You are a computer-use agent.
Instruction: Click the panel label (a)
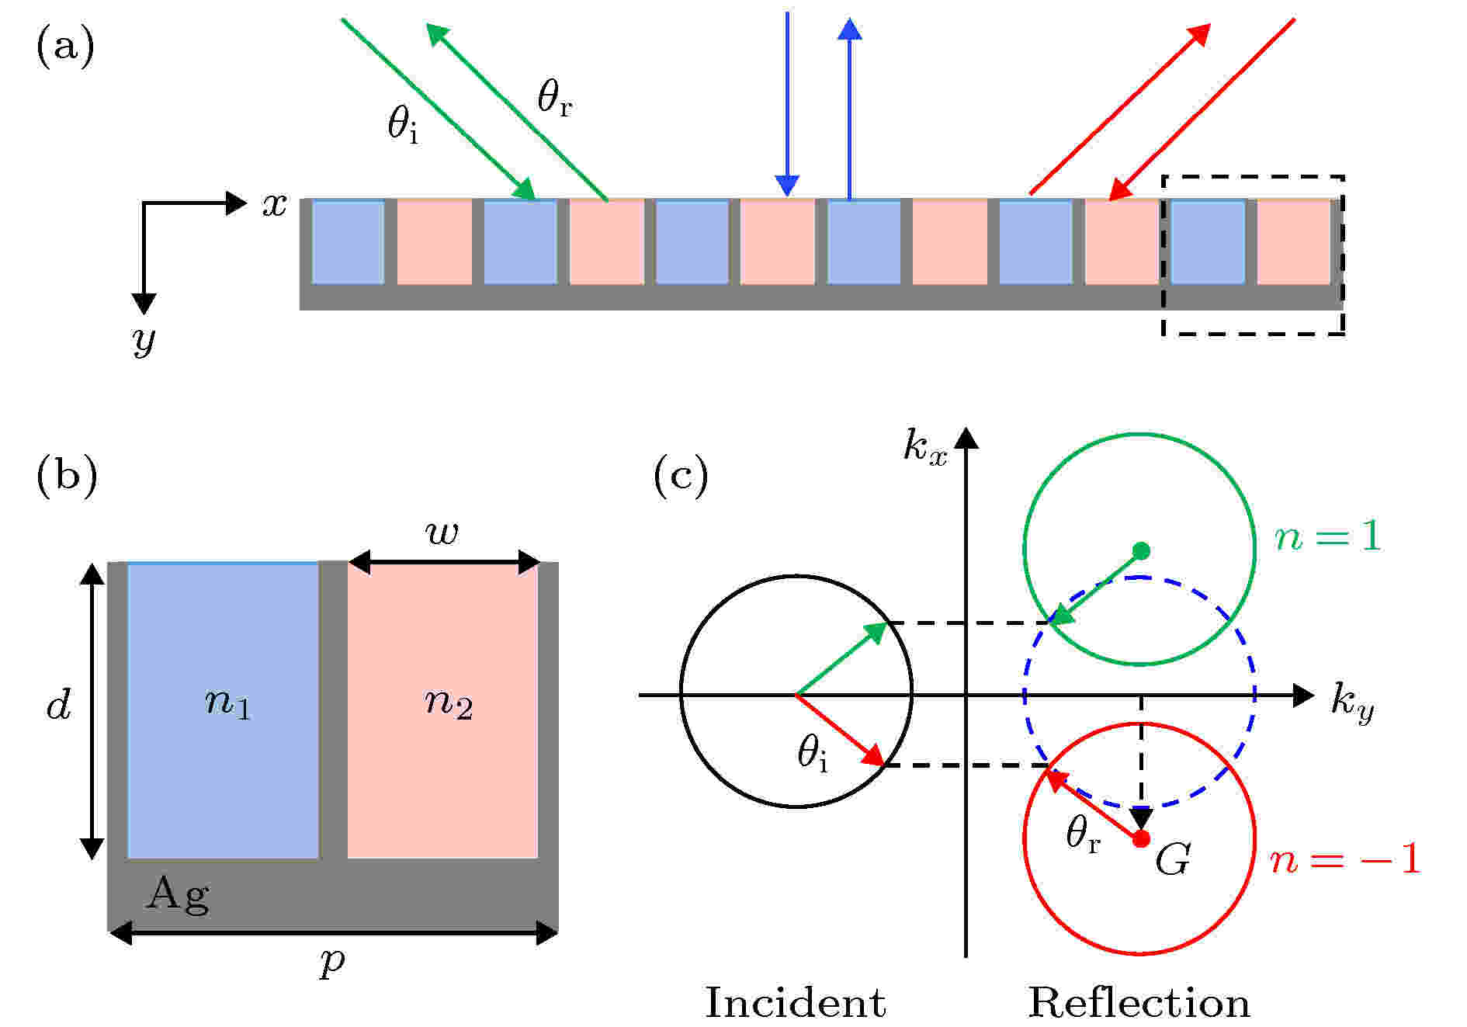[65, 47]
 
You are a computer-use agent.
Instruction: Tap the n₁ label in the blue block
[227, 703]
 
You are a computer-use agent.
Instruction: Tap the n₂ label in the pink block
[448, 703]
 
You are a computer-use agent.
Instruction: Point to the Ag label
[178, 895]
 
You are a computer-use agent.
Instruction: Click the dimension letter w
[442, 533]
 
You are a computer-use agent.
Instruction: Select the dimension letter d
[59, 705]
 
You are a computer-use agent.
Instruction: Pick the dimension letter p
[332, 963]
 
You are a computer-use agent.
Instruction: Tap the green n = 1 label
[1328, 536]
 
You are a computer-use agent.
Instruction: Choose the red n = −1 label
[1345, 859]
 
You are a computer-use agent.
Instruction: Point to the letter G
[1172, 860]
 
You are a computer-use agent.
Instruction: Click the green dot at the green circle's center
[1140, 550]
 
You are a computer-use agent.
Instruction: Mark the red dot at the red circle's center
[1140, 839]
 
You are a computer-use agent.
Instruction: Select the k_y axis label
[1352, 703]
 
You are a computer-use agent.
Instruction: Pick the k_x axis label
[925, 448]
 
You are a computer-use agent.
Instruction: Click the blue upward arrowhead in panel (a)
[850, 28]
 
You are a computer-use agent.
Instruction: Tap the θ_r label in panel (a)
[554, 99]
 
